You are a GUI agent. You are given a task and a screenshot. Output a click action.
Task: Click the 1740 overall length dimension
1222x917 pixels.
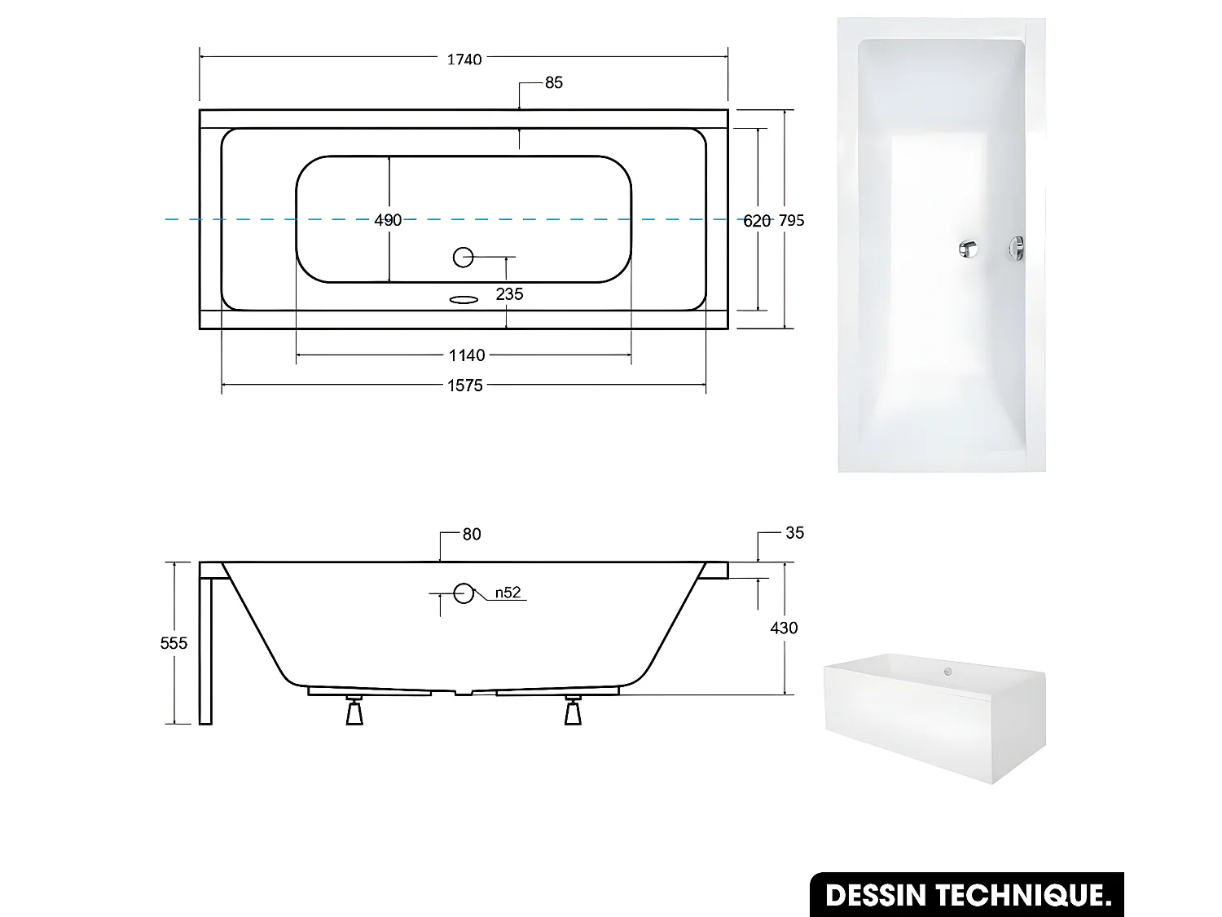[464, 59]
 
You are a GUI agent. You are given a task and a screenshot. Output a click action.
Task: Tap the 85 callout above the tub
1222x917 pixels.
[554, 82]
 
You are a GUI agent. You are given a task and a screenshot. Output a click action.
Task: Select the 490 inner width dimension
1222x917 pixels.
[388, 220]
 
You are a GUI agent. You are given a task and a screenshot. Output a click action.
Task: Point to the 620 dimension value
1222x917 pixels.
[757, 220]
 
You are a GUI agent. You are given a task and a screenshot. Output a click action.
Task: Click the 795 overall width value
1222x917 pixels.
[791, 220]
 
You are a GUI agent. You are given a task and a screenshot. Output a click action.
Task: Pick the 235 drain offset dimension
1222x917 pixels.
[509, 293]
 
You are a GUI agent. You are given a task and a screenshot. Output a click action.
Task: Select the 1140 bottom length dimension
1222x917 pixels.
[467, 355]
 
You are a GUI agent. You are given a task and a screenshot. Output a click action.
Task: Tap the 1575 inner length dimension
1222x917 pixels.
[465, 386]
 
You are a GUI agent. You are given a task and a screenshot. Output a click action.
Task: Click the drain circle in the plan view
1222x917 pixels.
[463, 258]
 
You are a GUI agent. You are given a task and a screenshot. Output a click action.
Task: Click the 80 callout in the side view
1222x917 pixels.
[472, 534]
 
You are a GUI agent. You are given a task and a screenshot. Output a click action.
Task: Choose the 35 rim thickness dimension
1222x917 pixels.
[794, 532]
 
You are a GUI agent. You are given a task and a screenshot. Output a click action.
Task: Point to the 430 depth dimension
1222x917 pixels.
[784, 627]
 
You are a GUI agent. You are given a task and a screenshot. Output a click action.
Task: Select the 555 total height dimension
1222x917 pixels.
[174, 642]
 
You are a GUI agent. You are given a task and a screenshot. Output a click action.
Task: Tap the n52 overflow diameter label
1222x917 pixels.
[508, 593]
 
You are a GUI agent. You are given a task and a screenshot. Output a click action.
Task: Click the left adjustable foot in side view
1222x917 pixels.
[354, 712]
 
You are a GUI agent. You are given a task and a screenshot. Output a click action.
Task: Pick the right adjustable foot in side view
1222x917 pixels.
[573, 712]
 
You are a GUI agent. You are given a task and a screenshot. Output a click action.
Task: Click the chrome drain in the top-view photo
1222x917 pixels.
[968, 248]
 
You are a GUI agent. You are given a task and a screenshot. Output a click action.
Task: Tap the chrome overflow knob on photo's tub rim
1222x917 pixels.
[1016, 248]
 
